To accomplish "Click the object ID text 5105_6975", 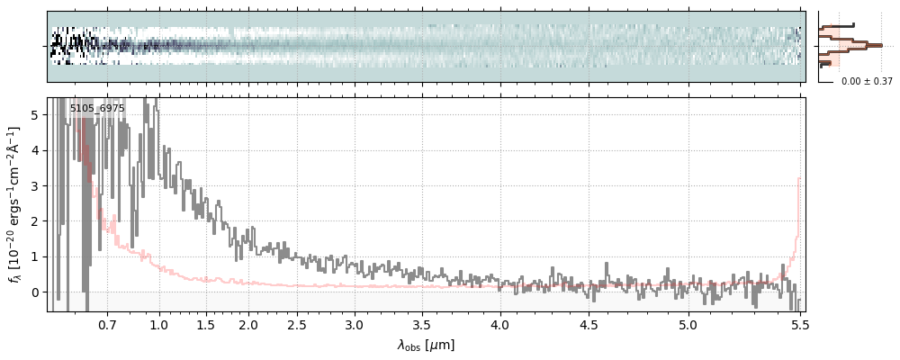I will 97,108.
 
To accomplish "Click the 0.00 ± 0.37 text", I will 867,81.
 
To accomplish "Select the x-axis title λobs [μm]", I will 426,345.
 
